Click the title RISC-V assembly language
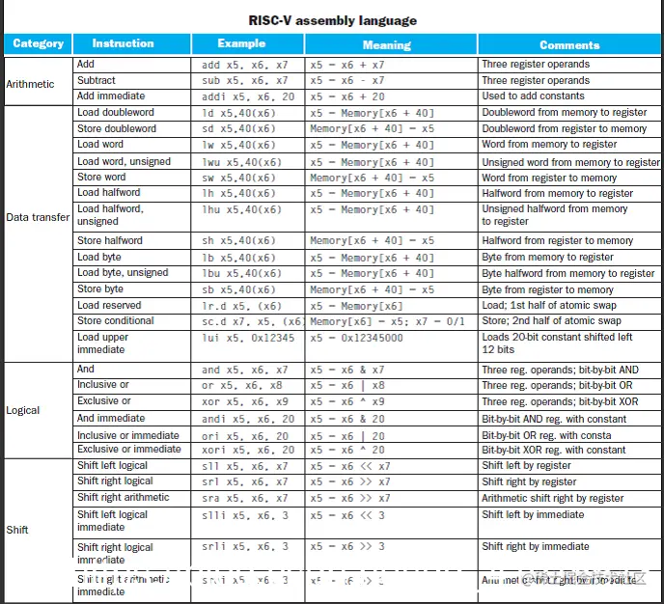[332, 19]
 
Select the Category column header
[39, 43]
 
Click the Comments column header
[569, 44]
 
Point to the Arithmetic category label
[31, 84]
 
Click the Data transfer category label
[38, 217]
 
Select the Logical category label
[23, 410]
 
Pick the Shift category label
[17, 529]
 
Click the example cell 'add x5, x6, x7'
[244, 65]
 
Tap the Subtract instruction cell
[97, 80]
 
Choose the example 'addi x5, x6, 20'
[248, 96]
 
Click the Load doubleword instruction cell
[116, 112]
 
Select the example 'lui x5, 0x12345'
[245, 338]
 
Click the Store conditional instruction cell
[116, 320]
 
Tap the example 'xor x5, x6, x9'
[244, 401]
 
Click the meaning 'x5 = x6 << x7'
[350, 465]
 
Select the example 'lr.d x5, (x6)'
[241, 305]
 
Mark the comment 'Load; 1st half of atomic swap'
[549, 305]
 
